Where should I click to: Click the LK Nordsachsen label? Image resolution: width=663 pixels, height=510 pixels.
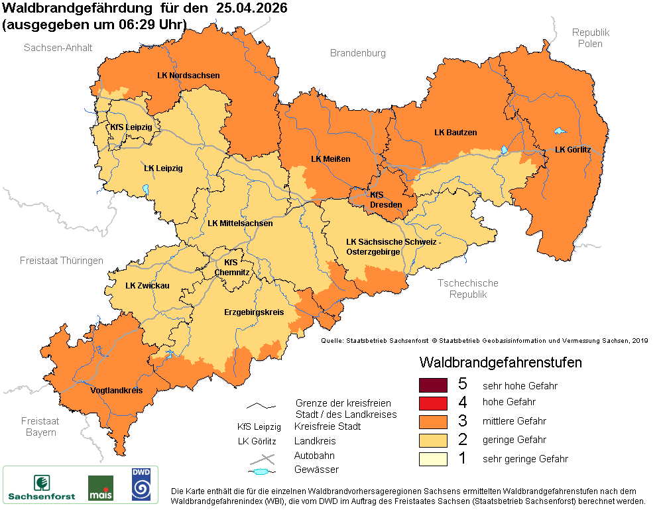tap(188, 76)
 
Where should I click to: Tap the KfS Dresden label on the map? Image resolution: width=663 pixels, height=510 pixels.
tap(385, 200)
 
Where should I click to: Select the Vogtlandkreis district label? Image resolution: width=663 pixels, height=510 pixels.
tap(116, 391)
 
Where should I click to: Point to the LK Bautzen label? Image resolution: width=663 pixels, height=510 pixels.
tap(455, 133)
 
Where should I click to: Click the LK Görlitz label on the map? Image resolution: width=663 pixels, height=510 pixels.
tap(572, 150)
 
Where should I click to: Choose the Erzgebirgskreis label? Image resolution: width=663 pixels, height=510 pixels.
tap(254, 312)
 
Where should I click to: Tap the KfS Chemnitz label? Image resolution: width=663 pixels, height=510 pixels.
tap(231, 267)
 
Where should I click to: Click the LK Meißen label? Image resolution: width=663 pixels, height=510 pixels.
tap(330, 159)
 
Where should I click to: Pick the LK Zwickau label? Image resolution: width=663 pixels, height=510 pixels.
tap(147, 286)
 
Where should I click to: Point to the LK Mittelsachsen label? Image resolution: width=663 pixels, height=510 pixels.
tap(240, 223)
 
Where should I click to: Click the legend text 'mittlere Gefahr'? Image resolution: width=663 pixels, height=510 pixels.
tap(514, 421)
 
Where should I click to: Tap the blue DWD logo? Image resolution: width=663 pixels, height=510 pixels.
tap(140, 484)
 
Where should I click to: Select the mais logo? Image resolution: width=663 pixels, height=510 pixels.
tap(100, 487)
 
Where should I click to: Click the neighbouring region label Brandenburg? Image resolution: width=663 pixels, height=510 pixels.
tap(357, 53)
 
